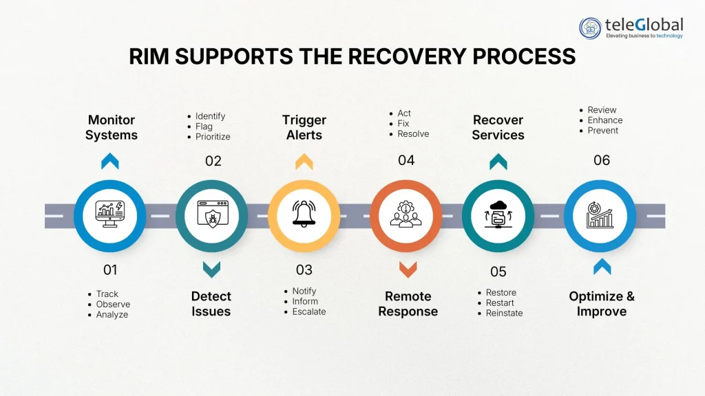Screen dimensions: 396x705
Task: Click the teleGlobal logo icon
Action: coord(591,28)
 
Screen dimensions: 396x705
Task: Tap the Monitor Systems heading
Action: coord(112,128)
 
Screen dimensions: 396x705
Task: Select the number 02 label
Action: coord(213,161)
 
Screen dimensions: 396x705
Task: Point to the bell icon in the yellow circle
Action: coord(304,214)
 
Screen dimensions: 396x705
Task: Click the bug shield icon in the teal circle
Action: coord(212,214)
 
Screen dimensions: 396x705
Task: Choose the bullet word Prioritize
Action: coord(213,137)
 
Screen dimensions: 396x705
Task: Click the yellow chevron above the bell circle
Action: coord(304,162)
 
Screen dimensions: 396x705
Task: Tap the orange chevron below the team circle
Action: coord(408,269)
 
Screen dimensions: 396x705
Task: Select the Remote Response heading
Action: coord(407,304)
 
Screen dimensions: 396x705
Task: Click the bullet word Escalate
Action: coord(309,311)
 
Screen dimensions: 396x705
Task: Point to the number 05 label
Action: coord(498,272)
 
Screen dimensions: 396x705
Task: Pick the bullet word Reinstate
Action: coord(504,313)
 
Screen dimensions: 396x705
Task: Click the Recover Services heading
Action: coord(498,128)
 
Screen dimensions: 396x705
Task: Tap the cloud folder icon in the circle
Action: coord(498,214)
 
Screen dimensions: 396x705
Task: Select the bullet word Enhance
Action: coord(605,120)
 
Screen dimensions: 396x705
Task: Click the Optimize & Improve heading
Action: coord(602,304)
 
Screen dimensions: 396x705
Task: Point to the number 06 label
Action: coord(602,160)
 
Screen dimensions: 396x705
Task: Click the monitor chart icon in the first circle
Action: coord(110,214)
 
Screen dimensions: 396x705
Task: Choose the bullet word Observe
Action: coord(113,304)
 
